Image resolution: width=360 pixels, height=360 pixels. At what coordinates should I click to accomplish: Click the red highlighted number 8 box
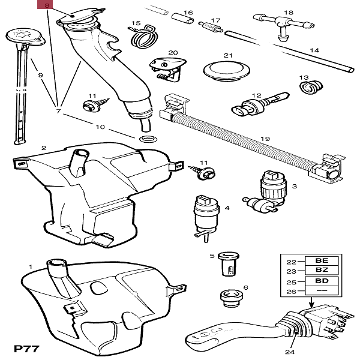click(44, 7)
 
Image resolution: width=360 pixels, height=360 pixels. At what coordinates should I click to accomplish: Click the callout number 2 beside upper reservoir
click(43, 147)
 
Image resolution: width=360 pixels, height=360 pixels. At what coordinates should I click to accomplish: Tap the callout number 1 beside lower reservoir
click(31, 266)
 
